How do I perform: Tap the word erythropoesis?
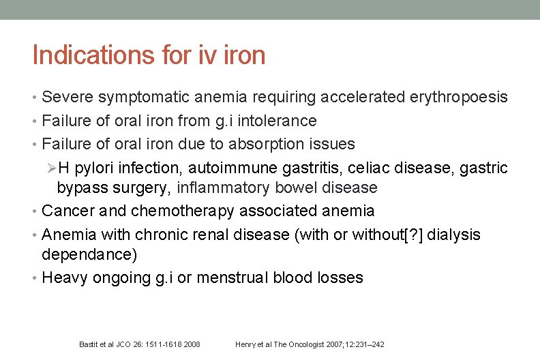[459, 97]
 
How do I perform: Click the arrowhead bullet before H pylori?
[50, 168]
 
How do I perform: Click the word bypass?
[80, 187]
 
